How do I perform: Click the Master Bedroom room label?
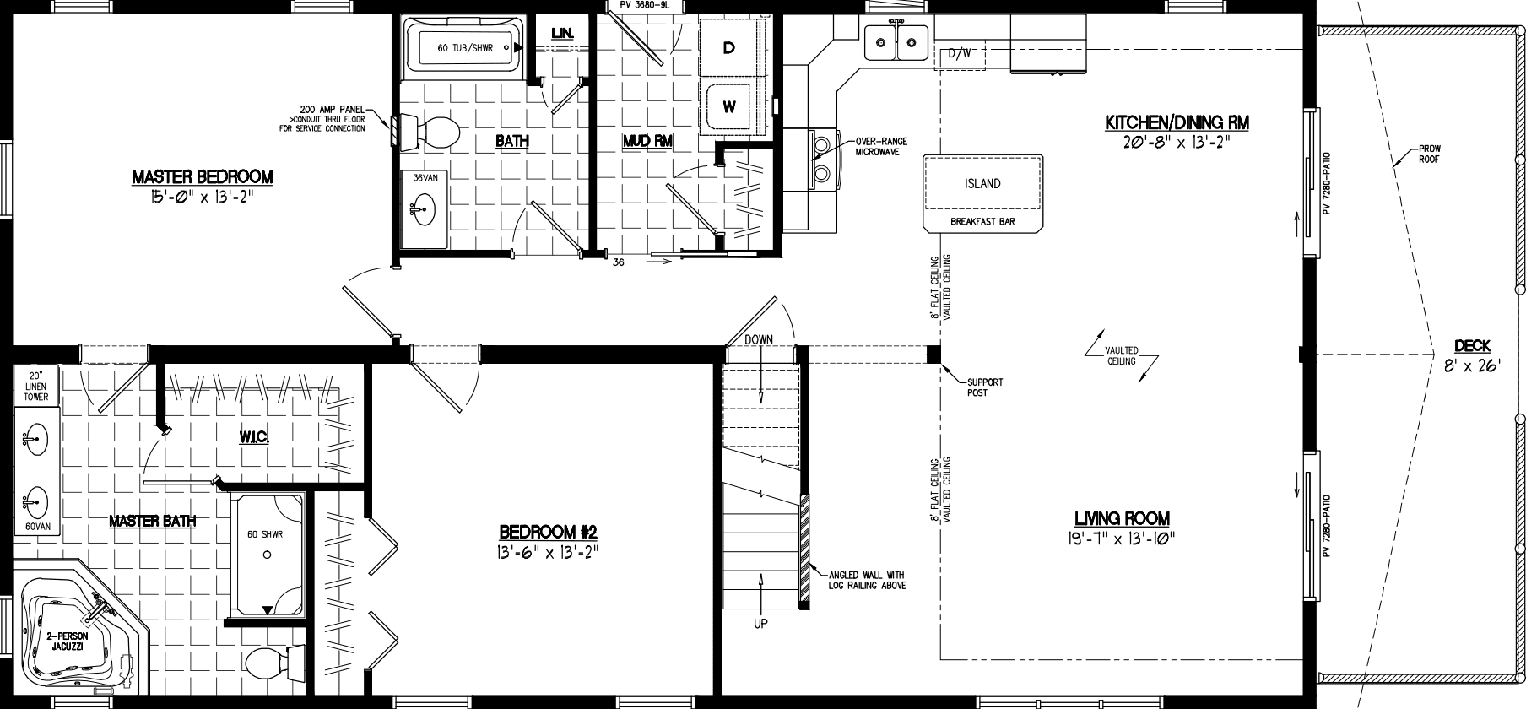click(202, 177)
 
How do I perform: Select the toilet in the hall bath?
click(434, 132)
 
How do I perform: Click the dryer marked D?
click(729, 49)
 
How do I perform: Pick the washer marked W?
click(729, 107)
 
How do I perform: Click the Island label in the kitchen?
click(982, 183)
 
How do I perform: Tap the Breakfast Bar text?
click(982, 223)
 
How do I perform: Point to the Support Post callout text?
click(985, 387)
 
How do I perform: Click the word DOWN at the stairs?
click(759, 339)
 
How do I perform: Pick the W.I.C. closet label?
click(254, 436)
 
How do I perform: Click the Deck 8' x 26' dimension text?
click(1471, 365)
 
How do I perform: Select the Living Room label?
click(1122, 518)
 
